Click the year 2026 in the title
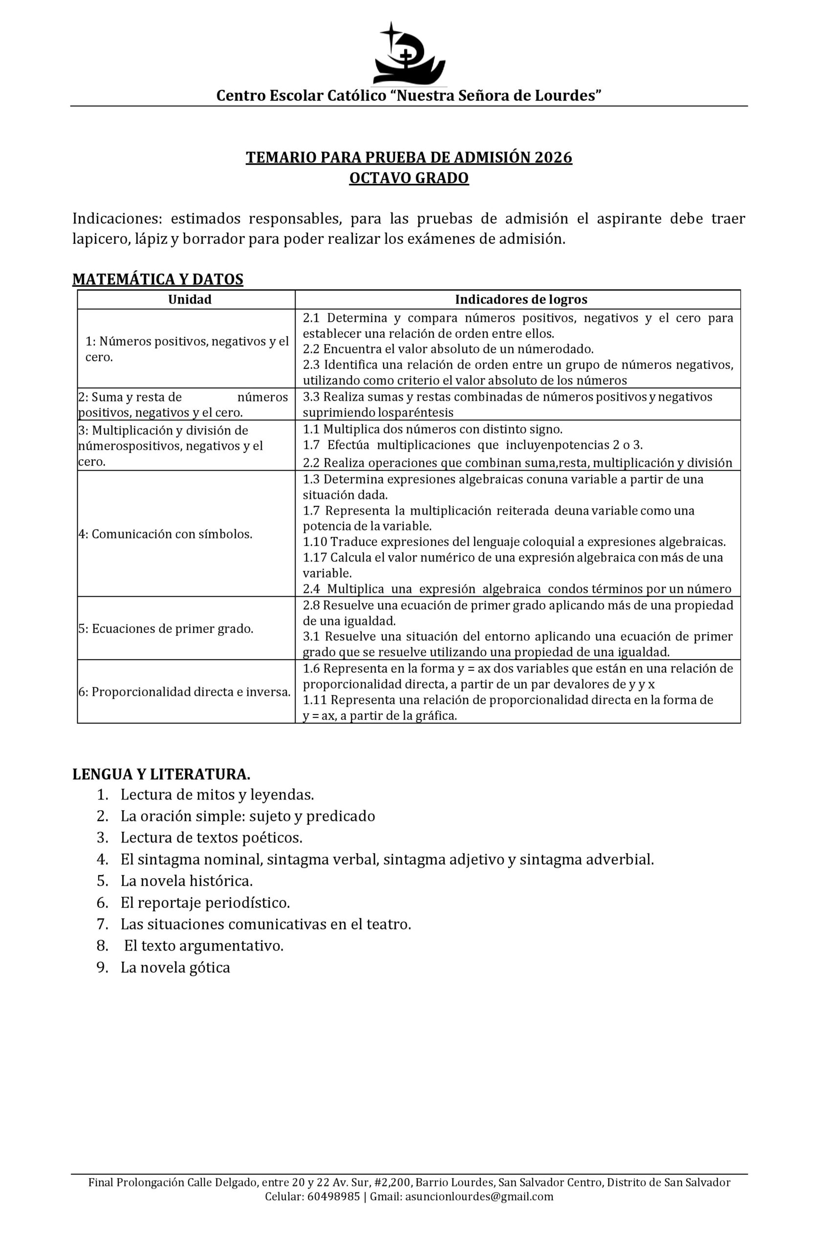553,157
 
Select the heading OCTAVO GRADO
409,178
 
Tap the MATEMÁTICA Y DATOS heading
158,279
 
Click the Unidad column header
190,300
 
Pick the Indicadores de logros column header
520,300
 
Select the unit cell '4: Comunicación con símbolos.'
166,534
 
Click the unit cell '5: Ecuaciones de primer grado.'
166,628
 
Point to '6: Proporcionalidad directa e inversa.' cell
185,692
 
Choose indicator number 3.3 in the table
312,397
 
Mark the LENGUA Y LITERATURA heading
161,774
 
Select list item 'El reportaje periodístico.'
205,903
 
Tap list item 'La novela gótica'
175,967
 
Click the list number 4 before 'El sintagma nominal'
103,860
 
